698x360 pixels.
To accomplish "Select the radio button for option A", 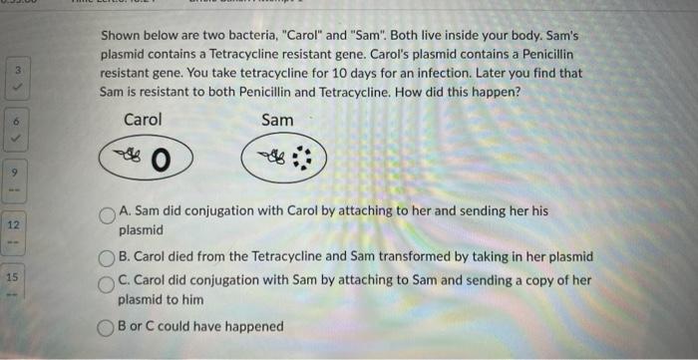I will pos(108,214).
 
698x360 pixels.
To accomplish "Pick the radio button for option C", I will pos(108,282).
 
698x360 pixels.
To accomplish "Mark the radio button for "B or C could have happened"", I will pos(107,327).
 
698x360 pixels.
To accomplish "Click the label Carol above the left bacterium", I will pos(143,120).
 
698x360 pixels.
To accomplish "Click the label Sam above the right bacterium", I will pos(277,120).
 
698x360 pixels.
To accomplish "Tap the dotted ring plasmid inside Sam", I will pos(300,160).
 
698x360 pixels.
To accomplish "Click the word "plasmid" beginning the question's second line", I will pos(125,54).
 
